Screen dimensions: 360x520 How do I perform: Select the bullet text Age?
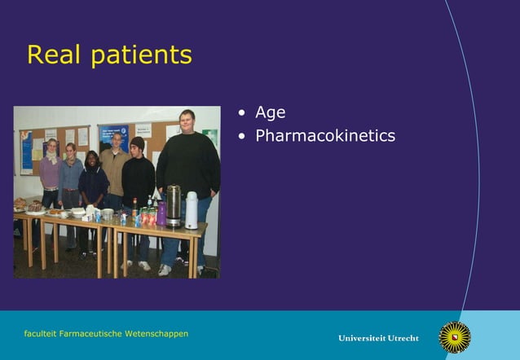click(x=270, y=112)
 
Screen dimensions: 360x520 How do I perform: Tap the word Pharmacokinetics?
click(x=325, y=135)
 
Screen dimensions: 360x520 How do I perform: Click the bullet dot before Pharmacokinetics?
click(x=241, y=136)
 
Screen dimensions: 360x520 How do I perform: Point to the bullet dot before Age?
click(x=241, y=113)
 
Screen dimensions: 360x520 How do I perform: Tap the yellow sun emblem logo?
click(x=455, y=336)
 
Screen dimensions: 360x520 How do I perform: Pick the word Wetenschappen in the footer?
click(x=161, y=334)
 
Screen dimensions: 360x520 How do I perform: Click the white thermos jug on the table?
click(x=192, y=210)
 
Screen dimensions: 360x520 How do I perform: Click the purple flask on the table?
click(x=161, y=213)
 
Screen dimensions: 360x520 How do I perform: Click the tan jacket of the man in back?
click(x=114, y=168)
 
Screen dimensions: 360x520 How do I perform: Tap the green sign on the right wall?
click(x=210, y=137)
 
